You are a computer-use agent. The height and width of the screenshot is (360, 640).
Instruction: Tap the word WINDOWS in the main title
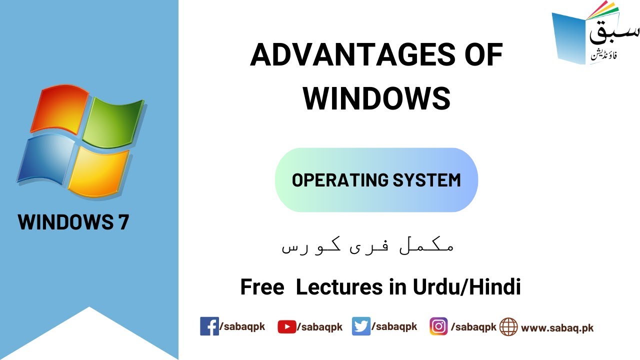376,98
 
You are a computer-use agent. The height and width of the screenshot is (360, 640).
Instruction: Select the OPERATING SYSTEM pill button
376,180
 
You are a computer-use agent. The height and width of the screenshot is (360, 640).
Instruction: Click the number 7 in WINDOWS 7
123,222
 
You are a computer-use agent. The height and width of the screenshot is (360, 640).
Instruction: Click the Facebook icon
209,326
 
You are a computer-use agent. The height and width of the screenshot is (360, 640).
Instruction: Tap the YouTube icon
286,327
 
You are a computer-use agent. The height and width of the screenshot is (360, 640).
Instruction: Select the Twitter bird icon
361,326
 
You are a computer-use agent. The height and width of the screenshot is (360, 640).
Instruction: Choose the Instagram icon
438,326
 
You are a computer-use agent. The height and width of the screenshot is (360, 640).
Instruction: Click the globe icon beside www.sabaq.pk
508,327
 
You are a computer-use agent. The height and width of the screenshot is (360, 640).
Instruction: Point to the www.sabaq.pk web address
557,328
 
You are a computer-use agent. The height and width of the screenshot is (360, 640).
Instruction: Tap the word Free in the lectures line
262,287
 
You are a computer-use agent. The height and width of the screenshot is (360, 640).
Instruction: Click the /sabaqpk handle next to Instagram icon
473,327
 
